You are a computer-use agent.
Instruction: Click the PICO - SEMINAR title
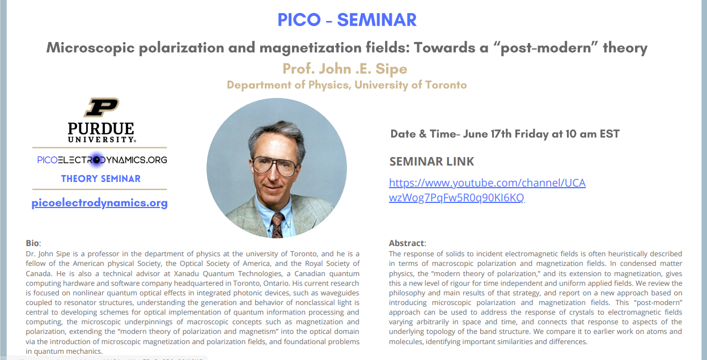(347, 20)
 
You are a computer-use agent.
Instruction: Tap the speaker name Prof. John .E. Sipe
(345, 69)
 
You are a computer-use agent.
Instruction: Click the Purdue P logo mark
(101, 107)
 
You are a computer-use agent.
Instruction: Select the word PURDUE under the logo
(101, 129)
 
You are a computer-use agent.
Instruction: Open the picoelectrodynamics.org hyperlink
(99, 202)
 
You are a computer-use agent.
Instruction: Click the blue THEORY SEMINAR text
(101, 179)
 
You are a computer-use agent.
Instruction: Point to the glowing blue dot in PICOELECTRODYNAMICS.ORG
(96, 160)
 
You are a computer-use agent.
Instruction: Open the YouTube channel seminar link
(487, 190)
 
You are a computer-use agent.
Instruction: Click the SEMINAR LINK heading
(431, 162)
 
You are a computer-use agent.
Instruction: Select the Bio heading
(33, 243)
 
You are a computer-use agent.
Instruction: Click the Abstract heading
(407, 243)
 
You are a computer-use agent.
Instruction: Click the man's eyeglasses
(274, 166)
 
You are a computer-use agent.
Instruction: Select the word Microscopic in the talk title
(90, 48)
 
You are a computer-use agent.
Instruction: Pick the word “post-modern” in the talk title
(549, 47)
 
